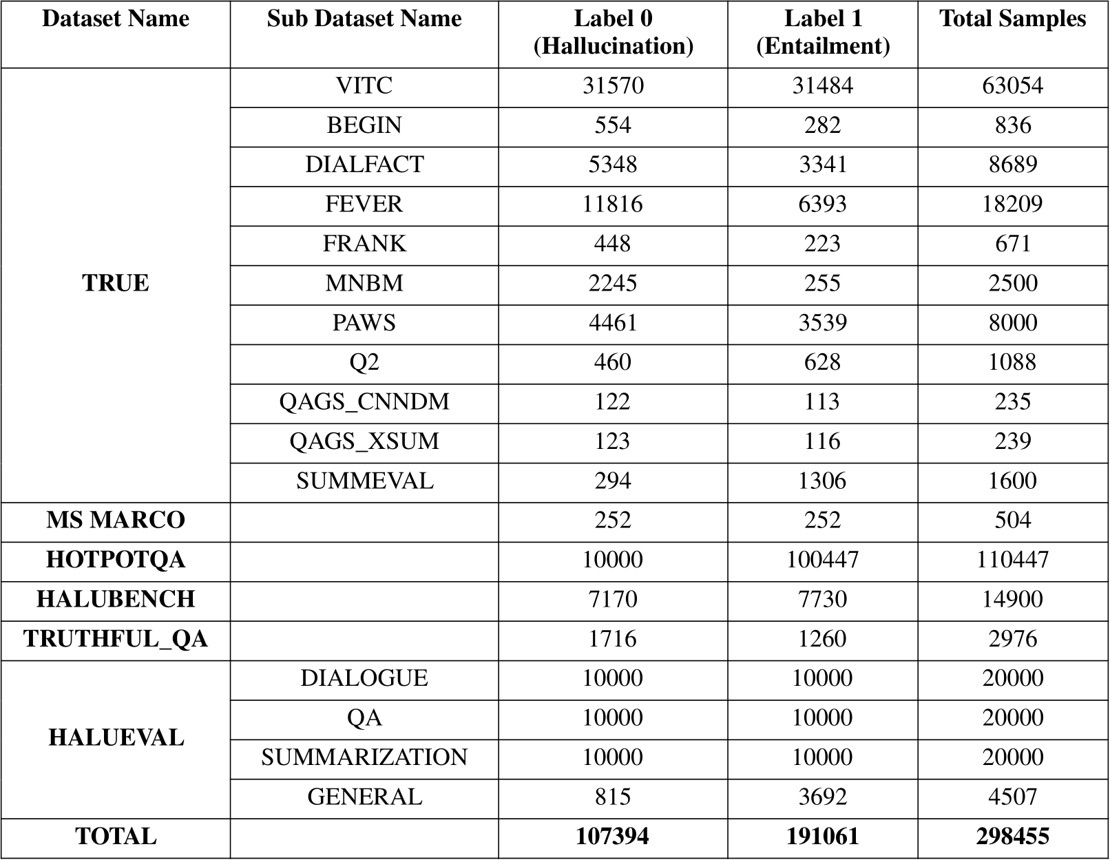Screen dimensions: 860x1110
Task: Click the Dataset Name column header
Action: [x=116, y=19]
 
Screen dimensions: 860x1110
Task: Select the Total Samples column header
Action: [x=1012, y=19]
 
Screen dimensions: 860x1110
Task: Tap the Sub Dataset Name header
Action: [x=364, y=19]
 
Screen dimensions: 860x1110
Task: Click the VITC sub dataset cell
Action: [x=364, y=86]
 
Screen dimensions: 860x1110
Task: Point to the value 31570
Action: [x=613, y=86]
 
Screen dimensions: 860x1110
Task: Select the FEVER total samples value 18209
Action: [x=1012, y=204]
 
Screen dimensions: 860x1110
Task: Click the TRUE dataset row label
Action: [x=116, y=284]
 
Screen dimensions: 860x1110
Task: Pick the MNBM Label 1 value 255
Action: [x=822, y=284]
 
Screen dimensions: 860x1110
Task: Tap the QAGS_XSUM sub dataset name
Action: [x=364, y=441]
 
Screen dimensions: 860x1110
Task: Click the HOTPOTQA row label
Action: [x=116, y=560]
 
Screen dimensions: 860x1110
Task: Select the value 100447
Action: [x=822, y=560]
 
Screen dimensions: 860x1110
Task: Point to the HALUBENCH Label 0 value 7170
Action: [x=613, y=600]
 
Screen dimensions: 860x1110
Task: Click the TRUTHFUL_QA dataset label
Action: [x=116, y=639]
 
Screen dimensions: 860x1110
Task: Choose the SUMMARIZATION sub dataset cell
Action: [x=364, y=757]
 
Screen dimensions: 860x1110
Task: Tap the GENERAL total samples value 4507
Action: [x=1012, y=797]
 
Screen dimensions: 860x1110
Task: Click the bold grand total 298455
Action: [x=1012, y=837]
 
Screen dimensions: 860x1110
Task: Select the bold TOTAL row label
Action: [x=116, y=837]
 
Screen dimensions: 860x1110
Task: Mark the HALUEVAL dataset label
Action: [x=116, y=738]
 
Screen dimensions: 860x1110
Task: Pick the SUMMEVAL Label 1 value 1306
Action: [x=822, y=481]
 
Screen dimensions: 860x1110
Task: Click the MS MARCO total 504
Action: [x=1012, y=521]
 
